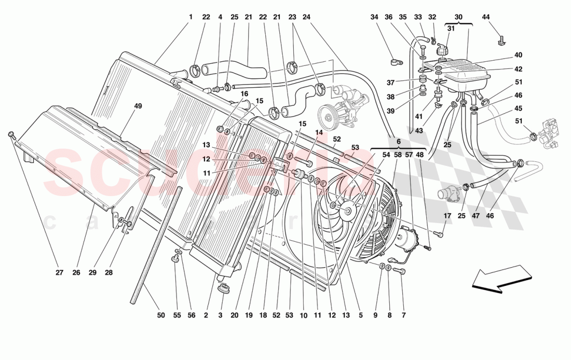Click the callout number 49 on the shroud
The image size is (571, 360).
point(138,106)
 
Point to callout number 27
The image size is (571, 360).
point(59,272)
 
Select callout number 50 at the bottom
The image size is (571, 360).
point(160,315)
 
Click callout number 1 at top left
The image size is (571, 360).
point(190,17)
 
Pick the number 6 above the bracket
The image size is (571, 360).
point(398,141)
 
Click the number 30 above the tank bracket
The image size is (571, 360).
point(458,17)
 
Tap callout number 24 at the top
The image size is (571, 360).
point(306,17)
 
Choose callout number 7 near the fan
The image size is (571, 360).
point(402,315)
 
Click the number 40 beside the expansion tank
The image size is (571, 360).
point(518,55)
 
